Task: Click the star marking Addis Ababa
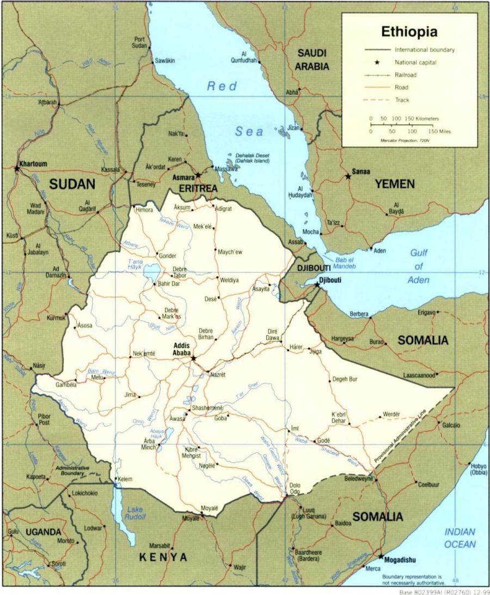193,358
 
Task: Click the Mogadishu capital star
380,556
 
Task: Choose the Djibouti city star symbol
317,284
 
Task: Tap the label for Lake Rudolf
135,513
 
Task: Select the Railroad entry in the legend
406,75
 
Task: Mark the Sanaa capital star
348,177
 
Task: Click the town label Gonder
167,255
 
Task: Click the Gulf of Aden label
418,266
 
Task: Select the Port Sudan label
140,42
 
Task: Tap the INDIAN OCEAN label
460,538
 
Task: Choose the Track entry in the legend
402,100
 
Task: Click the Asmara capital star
198,175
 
